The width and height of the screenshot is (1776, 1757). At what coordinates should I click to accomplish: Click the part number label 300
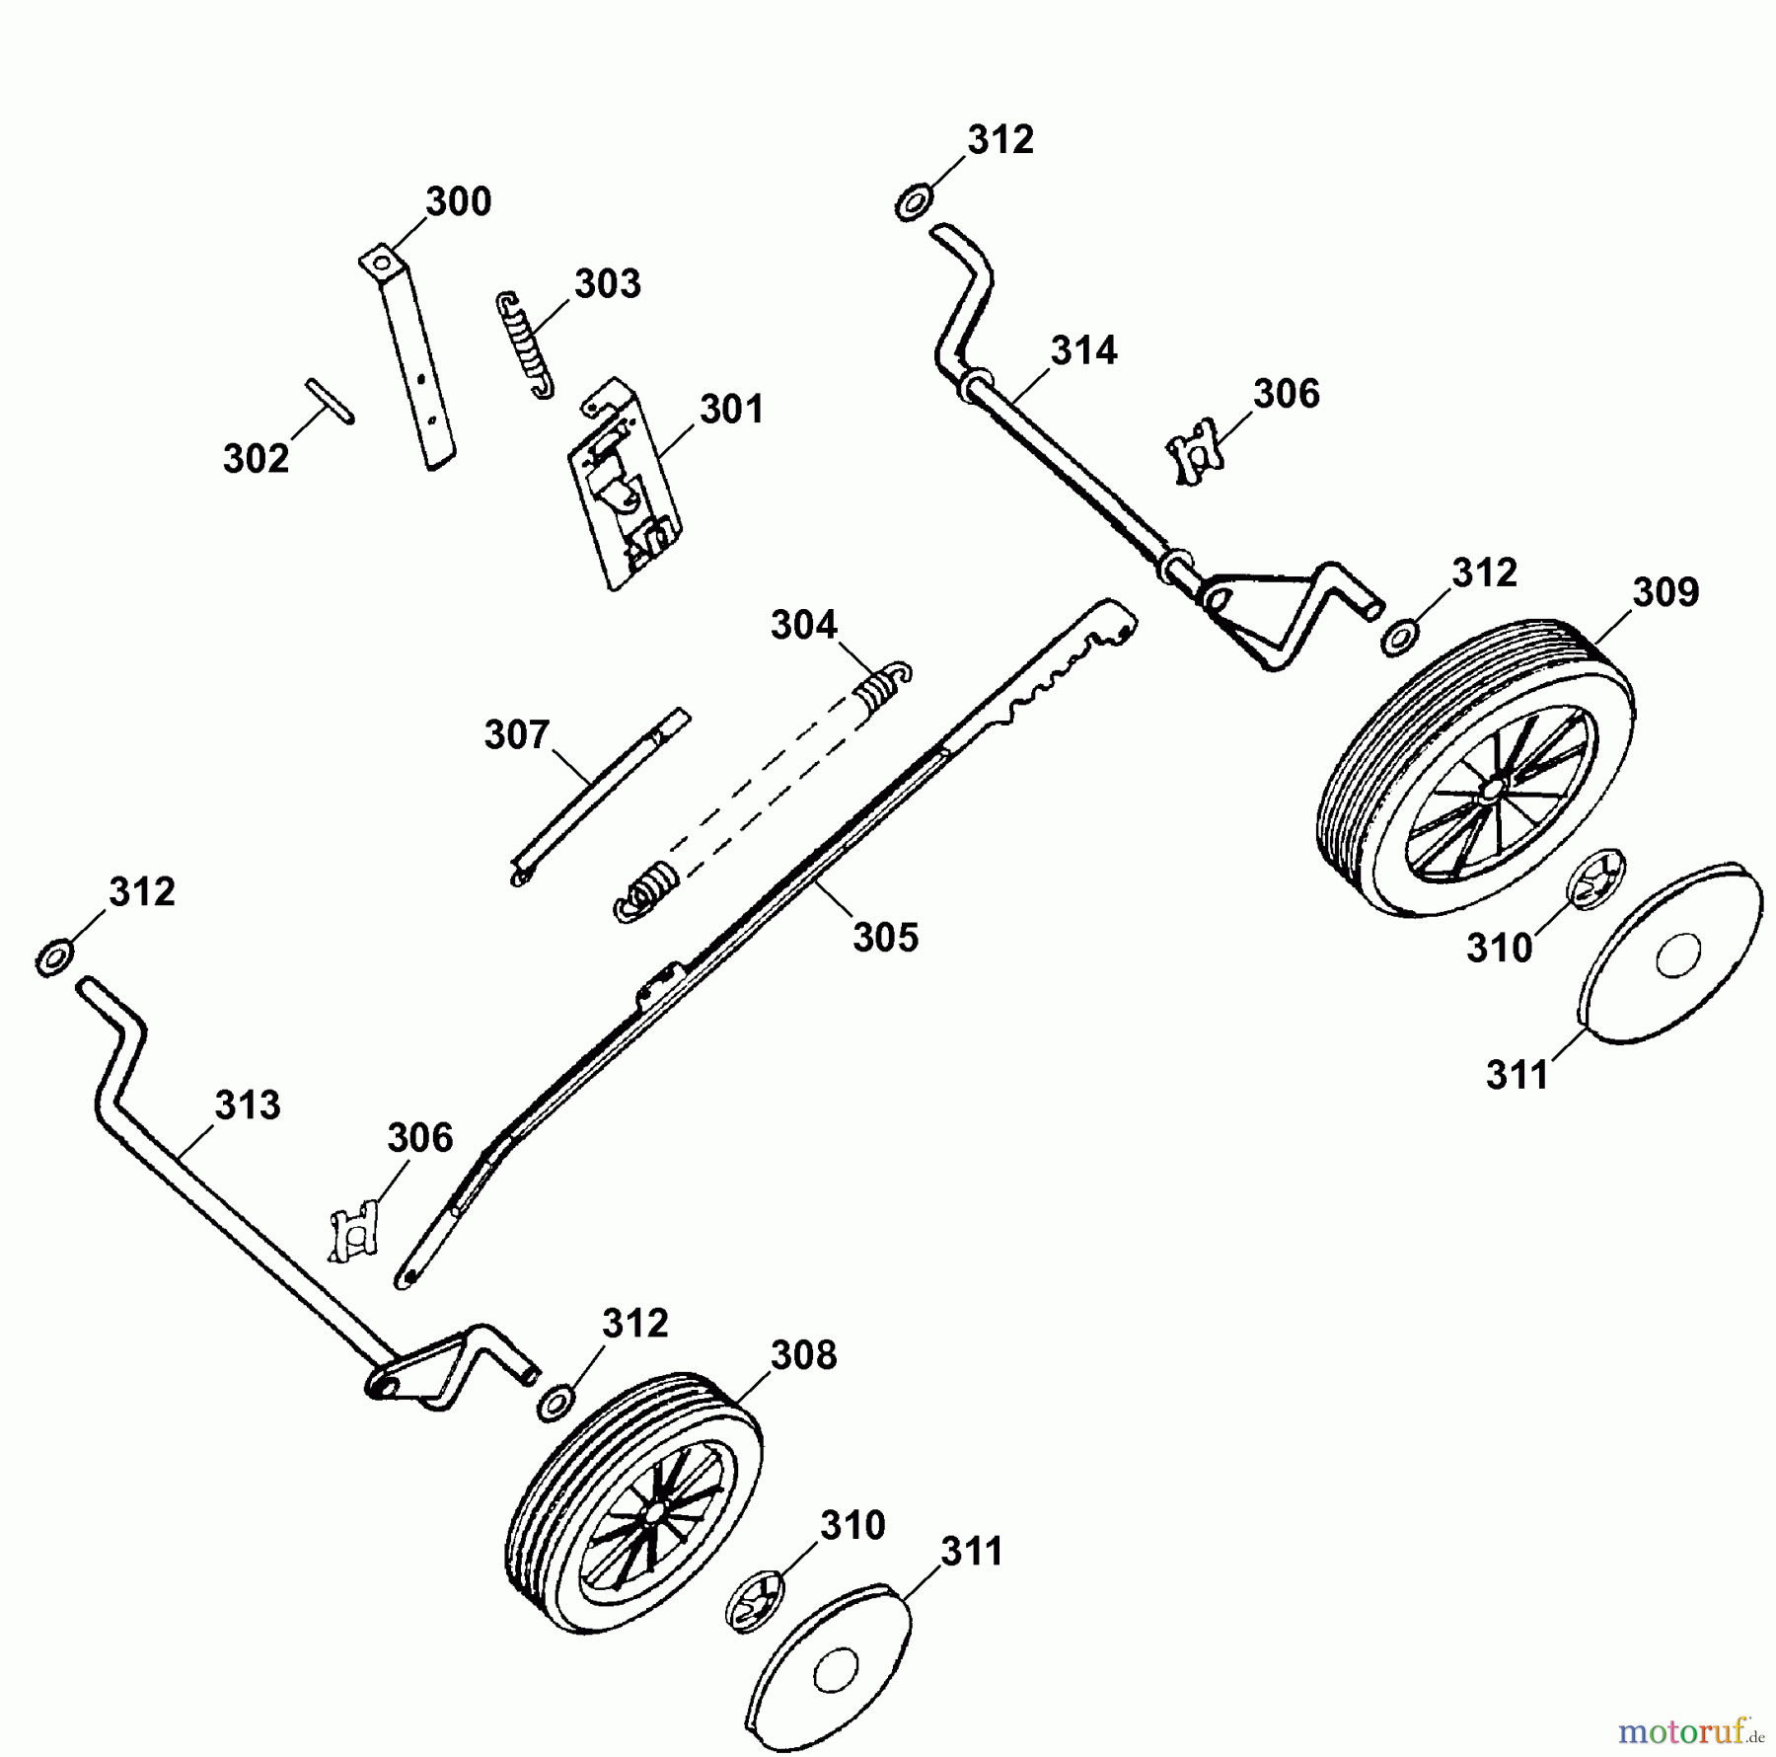(458, 202)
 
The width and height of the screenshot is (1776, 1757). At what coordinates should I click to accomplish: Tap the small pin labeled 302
(330, 401)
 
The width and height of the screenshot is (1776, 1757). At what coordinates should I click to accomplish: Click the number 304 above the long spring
(803, 626)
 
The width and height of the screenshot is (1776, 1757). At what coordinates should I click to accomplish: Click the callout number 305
(885, 938)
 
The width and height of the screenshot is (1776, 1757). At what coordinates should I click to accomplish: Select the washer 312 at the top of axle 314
(913, 204)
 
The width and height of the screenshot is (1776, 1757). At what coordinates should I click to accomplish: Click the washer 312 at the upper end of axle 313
(53, 957)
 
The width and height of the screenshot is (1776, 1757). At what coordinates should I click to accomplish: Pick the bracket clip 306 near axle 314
(1195, 450)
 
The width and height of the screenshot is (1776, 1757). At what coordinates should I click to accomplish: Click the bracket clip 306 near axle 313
(354, 1232)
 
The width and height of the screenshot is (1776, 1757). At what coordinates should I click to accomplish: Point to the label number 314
(1082, 351)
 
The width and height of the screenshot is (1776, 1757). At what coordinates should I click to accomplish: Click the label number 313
(248, 1106)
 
